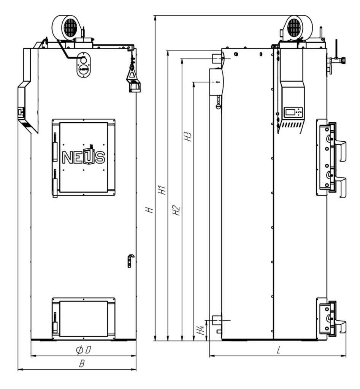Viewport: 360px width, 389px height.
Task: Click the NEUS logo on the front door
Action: tap(83, 157)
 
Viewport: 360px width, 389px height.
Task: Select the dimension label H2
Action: tap(176, 210)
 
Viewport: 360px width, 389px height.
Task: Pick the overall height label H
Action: tap(150, 210)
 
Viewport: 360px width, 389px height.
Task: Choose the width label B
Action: tap(82, 364)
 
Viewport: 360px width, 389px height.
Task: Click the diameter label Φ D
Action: tap(84, 350)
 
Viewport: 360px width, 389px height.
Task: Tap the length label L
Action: tap(279, 350)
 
